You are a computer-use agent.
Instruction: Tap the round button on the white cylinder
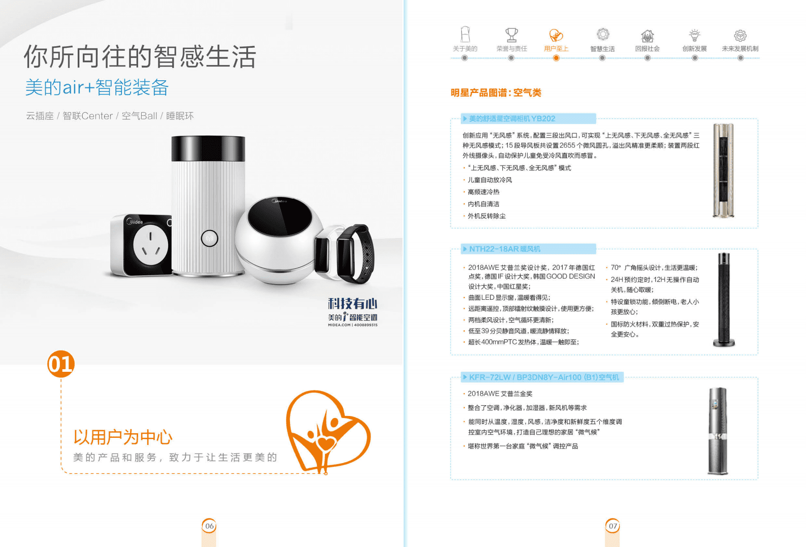click(x=209, y=238)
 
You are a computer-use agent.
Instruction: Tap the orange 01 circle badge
click(x=61, y=364)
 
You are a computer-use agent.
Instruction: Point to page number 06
click(x=209, y=526)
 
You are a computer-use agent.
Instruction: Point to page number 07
click(x=613, y=526)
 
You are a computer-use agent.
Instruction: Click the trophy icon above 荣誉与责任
click(x=511, y=35)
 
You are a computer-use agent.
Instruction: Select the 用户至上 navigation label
click(x=556, y=49)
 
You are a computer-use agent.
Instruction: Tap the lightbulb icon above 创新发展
click(x=694, y=35)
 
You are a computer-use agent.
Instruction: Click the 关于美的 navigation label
click(x=465, y=49)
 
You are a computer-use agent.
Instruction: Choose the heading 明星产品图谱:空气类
click(x=496, y=92)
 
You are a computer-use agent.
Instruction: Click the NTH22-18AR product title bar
click(x=528, y=249)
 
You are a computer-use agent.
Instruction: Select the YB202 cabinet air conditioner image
click(x=723, y=170)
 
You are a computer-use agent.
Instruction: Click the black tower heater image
click(x=724, y=300)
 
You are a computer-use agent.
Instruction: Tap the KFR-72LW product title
click(x=543, y=377)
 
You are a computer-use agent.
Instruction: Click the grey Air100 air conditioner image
click(x=718, y=431)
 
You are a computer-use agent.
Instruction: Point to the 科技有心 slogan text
click(x=352, y=304)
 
